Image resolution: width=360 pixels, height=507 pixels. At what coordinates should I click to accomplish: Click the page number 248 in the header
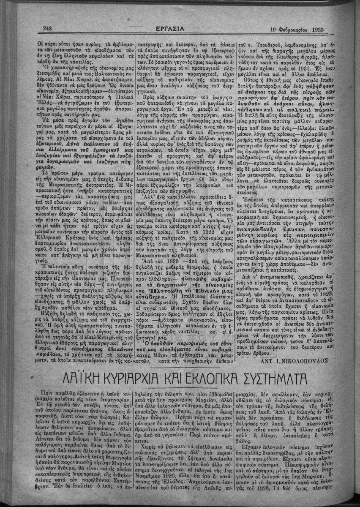coord(47,29)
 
